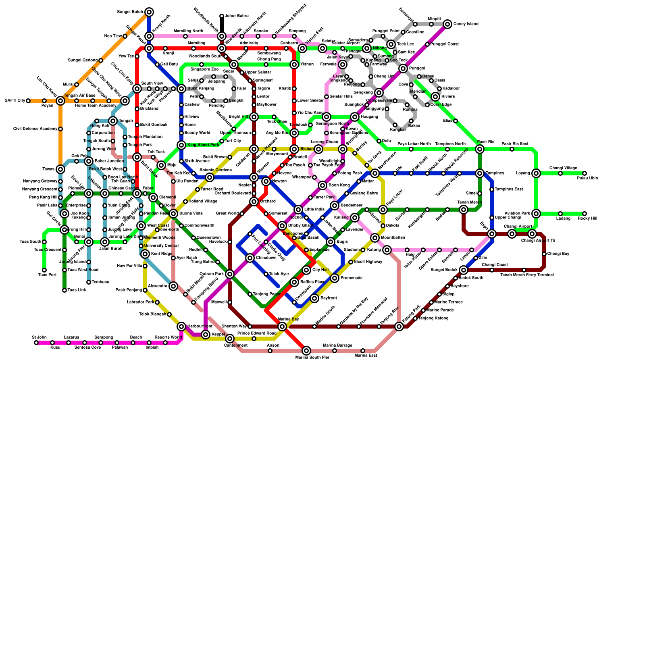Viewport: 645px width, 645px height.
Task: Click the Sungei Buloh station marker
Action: [x=149, y=12]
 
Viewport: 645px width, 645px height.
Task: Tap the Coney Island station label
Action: [x=466, y=24]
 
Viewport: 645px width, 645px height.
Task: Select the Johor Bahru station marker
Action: [x=222, y=16]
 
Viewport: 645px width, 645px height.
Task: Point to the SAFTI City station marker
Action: [x=28, y=101]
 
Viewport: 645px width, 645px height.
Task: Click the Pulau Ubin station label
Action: [x=587, y=178]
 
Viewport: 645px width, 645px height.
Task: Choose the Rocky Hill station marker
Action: [x=585, y=214]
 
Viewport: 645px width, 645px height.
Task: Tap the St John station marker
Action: [x=36, y=343]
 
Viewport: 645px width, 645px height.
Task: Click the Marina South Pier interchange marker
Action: [x=306, y=351]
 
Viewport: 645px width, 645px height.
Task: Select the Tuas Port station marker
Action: [x=44, y=270]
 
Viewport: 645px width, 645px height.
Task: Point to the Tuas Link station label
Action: [x=76, y=290]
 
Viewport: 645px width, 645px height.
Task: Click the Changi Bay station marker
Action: [x=544, y=254]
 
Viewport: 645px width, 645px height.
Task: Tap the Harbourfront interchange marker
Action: [x=181, y=327]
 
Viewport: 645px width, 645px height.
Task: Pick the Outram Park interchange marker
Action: [x=230, y=274]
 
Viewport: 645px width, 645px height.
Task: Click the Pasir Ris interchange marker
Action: [x=480, y=149]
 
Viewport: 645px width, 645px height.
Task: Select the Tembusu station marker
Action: [x=89, y=282]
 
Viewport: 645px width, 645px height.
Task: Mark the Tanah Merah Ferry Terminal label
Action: [x=527, y=275]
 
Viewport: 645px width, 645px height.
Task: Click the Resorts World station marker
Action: [x=165, y=343]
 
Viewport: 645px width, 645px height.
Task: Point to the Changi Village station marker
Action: [x=560, y=173]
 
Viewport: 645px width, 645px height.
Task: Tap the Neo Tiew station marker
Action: [x=125, y=36]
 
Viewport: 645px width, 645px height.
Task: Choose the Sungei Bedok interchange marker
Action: [x=464, y=270]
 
